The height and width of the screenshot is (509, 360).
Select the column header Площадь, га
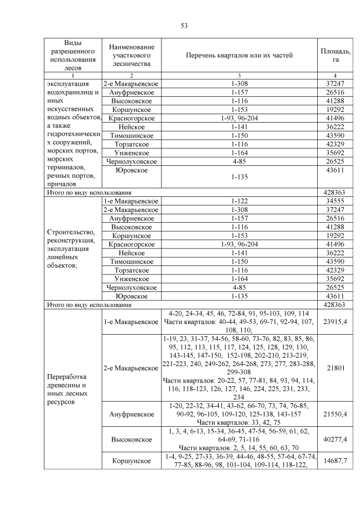tap(335, 55)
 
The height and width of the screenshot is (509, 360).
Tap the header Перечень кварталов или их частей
tap(239, 55)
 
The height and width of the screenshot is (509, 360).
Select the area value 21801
tap(335, 368)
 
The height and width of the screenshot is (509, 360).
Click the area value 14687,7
tap(335, 461)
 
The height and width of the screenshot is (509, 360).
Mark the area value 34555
tap(335, 201)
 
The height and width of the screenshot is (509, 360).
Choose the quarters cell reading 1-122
tap(239, 201)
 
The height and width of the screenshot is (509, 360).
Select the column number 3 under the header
tap(239, 75)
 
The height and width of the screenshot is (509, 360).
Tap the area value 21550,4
tap(335, 414)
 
